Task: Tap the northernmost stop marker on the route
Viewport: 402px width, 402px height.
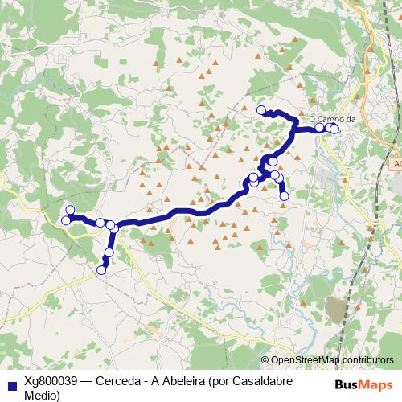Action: tap(260, 110)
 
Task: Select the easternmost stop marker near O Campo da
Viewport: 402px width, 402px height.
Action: tap(334, 129)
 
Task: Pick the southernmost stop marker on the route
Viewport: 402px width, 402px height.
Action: tap(101, 270)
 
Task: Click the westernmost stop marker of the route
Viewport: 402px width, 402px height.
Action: tap(65, 219)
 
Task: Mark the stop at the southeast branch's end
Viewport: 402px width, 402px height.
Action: tap(284, 196)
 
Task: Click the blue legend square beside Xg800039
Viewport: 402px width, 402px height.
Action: tap(10, 383)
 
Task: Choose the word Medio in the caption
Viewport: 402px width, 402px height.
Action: tap(42, 395)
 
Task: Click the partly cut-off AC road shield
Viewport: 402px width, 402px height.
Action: tap(396, 164)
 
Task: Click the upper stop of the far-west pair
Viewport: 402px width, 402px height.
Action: tap(70, 211)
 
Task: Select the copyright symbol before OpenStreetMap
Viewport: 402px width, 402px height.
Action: tap(265, 360)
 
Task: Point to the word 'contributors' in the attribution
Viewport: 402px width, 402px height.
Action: tap(366, 360)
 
